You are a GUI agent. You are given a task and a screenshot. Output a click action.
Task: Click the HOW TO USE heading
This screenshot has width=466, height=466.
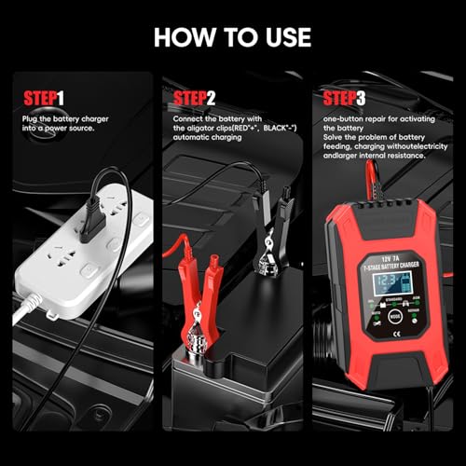pos(233,37)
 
